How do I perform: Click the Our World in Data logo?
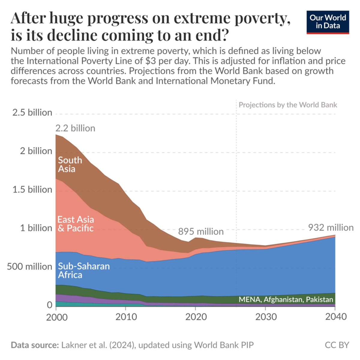click(x=328, y=22)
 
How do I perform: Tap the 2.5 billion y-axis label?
click(x=32, y=112)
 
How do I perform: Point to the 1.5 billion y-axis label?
click(x=32, y=190)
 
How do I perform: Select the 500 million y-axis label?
click(x=29, y=266)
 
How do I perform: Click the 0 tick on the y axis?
click(x=49, y=305)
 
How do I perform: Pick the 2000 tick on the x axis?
click(x=57, y=317)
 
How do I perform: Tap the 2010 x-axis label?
click(x=126, y=317)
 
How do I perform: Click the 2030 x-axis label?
click(x=266, y=317)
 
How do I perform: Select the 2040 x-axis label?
click(x=335, y=317)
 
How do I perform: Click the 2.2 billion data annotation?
click(x=75, y=128)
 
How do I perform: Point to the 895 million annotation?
click(x=201, y=232)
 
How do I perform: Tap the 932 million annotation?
click(x=331, y=228)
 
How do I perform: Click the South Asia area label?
click(x=70, y=164)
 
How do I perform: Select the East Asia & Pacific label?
click(x=76, y=224)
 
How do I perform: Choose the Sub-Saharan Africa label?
click(x=83, y=270)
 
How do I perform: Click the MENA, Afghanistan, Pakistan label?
click(x=286, y=299)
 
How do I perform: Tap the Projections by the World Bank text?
click(x=288, y=105)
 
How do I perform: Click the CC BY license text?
click(x=337, y=345)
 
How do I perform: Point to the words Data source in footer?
click(x=35, y=345)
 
